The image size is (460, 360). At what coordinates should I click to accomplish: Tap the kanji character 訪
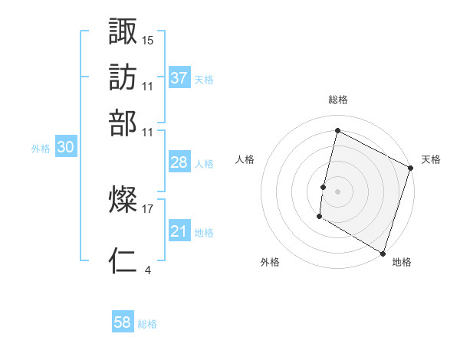pyautogui.click(x=123, y=77)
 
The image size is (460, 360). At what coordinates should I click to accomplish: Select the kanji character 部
pyautogui.click(x=123, y=123)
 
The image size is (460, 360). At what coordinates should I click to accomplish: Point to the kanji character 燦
pyautogui.click(x=123, y=201)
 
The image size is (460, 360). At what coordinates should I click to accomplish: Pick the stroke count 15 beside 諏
pyautogui.click(x=148, y=40)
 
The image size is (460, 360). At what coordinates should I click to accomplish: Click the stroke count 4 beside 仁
pyautogui.click(x=147, y=270)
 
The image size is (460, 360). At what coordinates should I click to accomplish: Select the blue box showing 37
pyautogui.click(x=179, y=78)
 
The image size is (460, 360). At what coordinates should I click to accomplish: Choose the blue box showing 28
pyautogui.click(x=179, y=163)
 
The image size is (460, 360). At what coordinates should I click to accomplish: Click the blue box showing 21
pyautogui.click(x=179, y=232)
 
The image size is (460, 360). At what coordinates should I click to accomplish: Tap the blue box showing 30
pyautogui.click(x=65, y=149)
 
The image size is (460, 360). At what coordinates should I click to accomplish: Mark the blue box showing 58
pyautogui.click(x=123, y=322)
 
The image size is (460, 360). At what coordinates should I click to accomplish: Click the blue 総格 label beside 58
pyautogui.click(x=147, y=324)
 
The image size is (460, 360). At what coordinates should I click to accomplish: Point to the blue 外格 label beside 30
pyautogui.click(x=41, y=149)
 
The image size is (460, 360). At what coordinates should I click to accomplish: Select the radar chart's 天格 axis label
pyautogui.click(x=431, y=159)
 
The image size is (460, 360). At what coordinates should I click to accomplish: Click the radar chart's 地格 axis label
pyautogui.click(x=402, y=262)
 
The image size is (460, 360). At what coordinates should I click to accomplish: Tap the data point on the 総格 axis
pyautogui.click(x=337, y=131)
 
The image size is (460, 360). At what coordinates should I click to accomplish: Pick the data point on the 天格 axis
pyautogui.click(x=410, y=167)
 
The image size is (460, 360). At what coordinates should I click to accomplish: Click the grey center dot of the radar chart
pyautogui.click(x=337, y=191)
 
